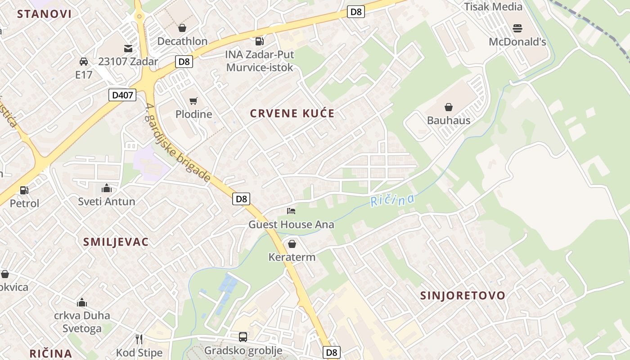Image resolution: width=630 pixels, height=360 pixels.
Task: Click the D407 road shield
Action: click(x=122, y=94)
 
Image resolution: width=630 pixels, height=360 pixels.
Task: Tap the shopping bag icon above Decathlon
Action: click(x=182, y=28)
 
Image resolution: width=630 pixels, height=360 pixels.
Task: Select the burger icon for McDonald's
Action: click(x=517, y=28)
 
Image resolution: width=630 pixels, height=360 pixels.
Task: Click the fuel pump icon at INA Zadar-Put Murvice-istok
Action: click(x=259, y=41)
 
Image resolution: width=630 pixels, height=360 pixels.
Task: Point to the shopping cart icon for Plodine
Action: click(x=193, y=101)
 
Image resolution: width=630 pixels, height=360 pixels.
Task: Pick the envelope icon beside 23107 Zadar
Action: click(x=128, y=48)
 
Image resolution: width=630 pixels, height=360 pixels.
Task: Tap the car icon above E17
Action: click(x=84, y=61)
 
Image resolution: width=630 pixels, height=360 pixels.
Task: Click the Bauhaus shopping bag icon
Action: click(x=448, y=107)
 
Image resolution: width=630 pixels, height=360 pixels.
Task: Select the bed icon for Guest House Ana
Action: click(x=292, y=211)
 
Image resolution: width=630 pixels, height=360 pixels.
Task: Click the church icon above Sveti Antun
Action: click(x=107, y=188)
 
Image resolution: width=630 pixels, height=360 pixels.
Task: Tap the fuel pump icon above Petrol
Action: click(x=24, y=190)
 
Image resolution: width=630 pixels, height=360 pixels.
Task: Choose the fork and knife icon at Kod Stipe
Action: click(x=139, y=339)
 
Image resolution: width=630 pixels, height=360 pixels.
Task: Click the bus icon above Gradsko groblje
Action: click(x=243, y=337)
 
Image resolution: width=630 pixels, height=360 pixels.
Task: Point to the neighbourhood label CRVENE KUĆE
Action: click(x=292, y=113)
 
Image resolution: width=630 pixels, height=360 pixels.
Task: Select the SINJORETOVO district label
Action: click(x=463, y=296)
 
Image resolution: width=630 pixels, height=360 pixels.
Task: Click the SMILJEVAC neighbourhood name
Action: click(x=116, y=242)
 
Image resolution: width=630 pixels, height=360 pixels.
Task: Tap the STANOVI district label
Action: click(x=45, y=14)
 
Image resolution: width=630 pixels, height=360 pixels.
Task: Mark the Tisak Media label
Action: click(x=493, y=7)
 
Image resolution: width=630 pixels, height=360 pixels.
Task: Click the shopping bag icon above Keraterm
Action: click(x=292, y=244)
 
